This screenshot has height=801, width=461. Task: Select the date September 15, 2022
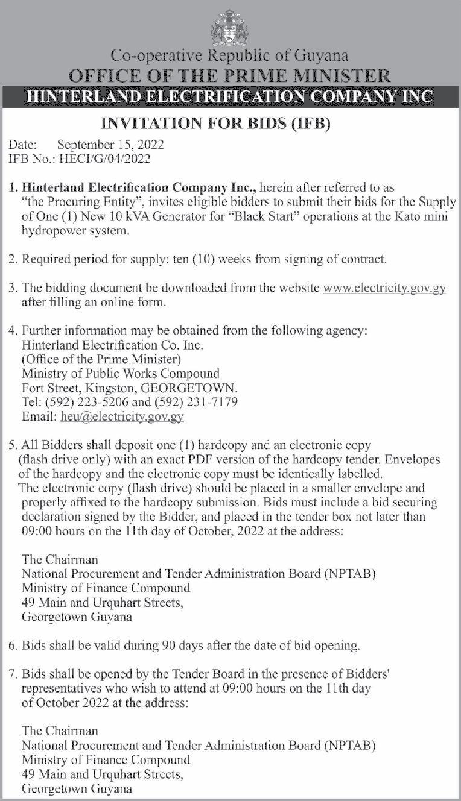coord(110,145)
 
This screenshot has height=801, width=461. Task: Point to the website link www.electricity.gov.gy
coord(384,288)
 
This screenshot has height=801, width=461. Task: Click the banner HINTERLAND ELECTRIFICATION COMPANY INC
coord(230,96)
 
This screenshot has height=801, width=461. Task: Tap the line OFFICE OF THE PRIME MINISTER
coord(230,76)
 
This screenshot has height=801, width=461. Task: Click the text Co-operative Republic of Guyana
coord(230,56)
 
